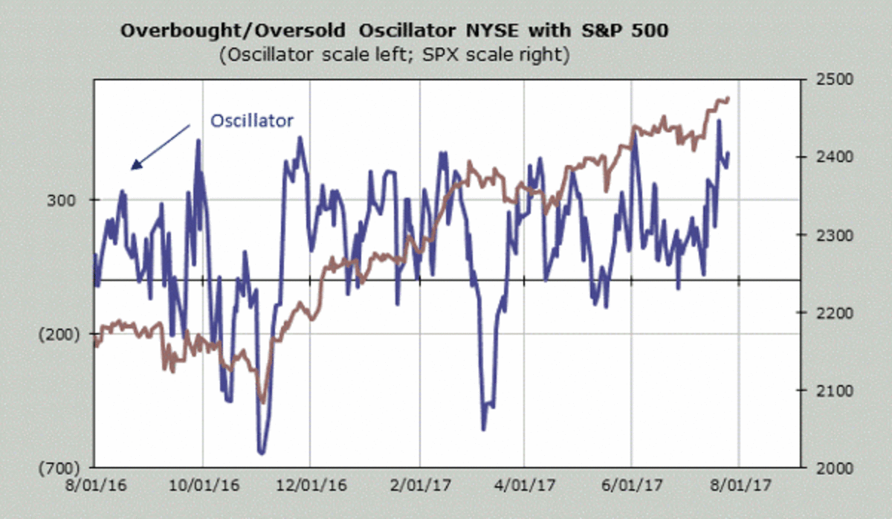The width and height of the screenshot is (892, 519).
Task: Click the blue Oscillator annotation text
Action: (252, 120)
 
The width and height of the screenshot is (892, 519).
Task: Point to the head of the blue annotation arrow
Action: (133, 168)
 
